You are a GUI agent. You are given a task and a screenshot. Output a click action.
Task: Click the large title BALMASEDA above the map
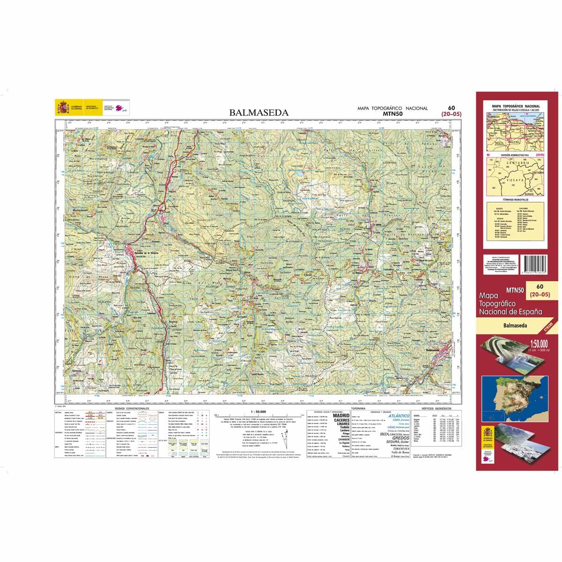coord(259,112)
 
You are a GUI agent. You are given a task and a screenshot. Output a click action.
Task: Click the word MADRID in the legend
coord(341,415)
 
